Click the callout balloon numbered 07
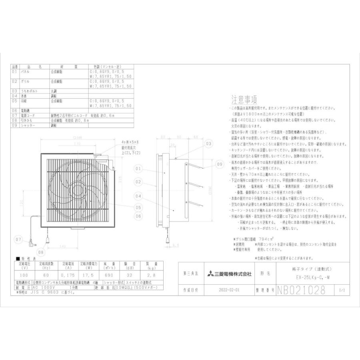tap(19, 240)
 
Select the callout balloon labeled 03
tap(208, 143)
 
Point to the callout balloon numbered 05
tap(138, 207)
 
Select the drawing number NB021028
tap(301, 290)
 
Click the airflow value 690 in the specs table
tap(109, 276)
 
